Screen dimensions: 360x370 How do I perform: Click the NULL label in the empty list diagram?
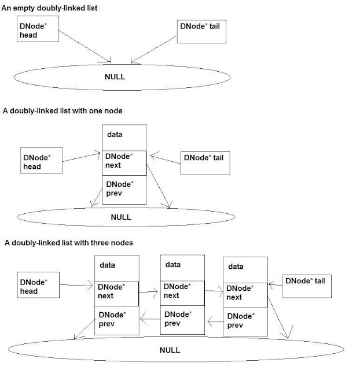115,77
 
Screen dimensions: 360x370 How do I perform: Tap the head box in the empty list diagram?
38,29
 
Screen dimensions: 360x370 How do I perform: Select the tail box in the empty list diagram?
201,32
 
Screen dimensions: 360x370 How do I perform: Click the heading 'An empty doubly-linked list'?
49,8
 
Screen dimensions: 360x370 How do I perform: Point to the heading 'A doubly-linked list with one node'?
63,111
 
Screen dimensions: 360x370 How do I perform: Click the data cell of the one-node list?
124,138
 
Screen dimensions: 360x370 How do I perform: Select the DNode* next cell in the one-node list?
124,163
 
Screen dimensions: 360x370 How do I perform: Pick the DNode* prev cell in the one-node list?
124,190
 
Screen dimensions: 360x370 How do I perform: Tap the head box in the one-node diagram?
42,161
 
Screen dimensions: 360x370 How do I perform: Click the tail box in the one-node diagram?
205,163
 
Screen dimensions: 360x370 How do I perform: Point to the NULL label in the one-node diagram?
121,217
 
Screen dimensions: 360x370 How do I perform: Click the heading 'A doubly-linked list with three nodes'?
69,243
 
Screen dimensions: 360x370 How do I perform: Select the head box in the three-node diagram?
38,285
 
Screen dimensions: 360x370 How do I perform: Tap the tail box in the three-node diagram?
307,286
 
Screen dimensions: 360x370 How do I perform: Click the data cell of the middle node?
182,268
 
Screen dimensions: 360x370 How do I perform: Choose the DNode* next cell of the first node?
117,294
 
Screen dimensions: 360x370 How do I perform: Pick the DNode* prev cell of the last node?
245,321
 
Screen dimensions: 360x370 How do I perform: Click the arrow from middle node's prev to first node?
150,319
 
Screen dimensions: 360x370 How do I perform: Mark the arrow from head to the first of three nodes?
76,285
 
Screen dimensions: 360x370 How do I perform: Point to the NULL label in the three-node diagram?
170,350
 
